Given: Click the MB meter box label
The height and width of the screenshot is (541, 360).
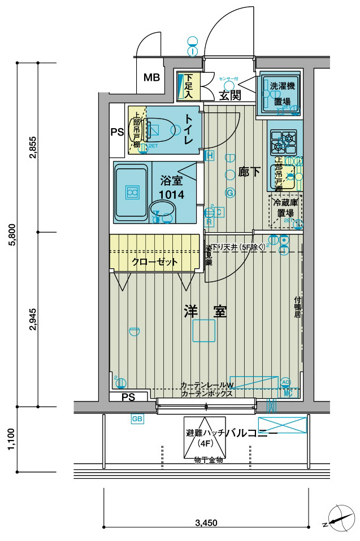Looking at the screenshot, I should pyautogui.click(x=151, y=77).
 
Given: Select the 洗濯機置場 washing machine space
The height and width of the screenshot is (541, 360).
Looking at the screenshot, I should pyautogui.click(x=281, y=94).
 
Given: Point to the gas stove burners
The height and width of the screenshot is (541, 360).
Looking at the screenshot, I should pyautogui.click(x=283, y=142).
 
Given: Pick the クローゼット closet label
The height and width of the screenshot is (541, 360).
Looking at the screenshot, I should pyautogui.click(x=154, y=261).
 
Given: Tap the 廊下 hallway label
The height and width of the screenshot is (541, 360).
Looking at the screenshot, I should pyautogui.click(x=249, y=172).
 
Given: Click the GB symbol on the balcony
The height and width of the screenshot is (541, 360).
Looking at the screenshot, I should pyautogui.click(x=137, y=418).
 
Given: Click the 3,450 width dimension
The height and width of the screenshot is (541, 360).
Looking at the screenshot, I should pyautogui.click(x=206, y=522).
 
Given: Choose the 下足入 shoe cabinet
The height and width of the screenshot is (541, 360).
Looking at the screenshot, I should pyautogui.click(x=189, y=86).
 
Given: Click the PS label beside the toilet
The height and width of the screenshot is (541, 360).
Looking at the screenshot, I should pyautogui.click(x=117, y=133).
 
